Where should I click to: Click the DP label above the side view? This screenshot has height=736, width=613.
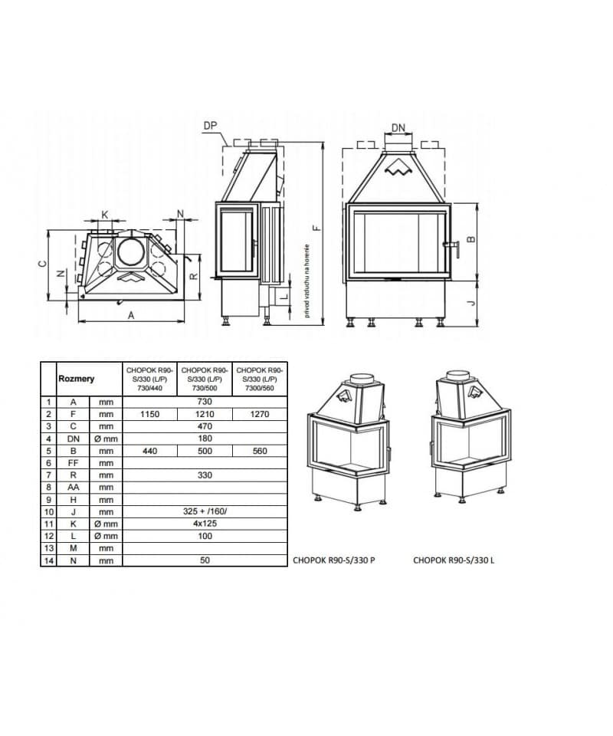pyautogui.click(x=211, y=125)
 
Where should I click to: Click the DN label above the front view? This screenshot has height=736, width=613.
pyautogui.click(x=398, y=127)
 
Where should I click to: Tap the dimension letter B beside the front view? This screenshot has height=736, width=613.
pyautogui.click(x=471, y=238)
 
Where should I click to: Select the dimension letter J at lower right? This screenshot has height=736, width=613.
pyautogui.click(x=471, y=303)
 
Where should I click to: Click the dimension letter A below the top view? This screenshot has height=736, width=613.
pyautogui.click(x=131, y=315)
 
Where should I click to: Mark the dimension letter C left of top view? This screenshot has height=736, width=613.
pyautogui.click(x=43, y=264)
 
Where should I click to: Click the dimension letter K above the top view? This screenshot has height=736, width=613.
pyautogui.click(x=105, y=214)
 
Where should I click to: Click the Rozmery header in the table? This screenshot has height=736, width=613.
pyautogui.click(x=77, y=378)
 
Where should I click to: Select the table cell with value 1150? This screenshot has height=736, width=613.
pyautogui.click(x=150, y=413)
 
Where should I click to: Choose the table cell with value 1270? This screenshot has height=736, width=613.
pyautogui.click(x=260, y=413)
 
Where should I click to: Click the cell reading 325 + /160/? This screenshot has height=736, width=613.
pyautogui.click(x=205, y=511)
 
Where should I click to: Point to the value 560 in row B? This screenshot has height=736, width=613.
pyautogui.click(x=260, y=451)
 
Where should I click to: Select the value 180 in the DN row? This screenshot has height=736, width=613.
pyautogui.click(x=205, y=438)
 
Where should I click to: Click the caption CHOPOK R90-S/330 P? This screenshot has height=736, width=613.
pyautogui.click(x=333, y=560)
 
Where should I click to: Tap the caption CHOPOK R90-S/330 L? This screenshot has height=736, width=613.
pyautogui.click(x=454, y=560)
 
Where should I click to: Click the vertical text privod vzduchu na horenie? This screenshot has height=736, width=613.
pyautogui.click(x=306, y=281)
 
